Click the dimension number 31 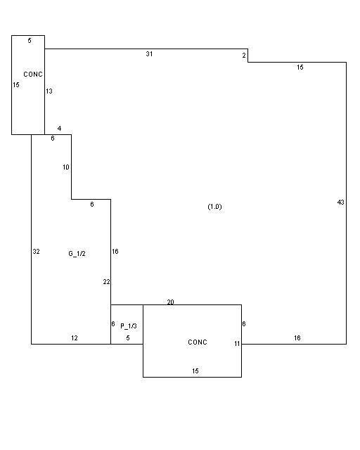tap(149, 54)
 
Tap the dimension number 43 tap(340, 202)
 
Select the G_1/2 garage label tap(77, 254)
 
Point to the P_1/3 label tap(129, 326)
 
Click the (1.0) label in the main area tap(214, 207)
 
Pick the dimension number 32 tap(36, 252)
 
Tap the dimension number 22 tap(106, 282)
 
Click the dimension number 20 tap(171, 302)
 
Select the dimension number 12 tap(75, 338)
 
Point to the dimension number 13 tap(49, 91)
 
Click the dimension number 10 tap(66, 167)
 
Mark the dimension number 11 tap(237, 344)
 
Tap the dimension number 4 tap(60, 129)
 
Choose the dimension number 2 tap(244, 56)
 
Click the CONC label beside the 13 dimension tap(33, 75)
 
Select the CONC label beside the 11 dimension tap(198, 342)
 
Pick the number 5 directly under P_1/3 tap(128, 338)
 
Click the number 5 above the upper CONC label tap(30, 41)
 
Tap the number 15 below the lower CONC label tap(195, 371)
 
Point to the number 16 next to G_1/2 tap(115, 252)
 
